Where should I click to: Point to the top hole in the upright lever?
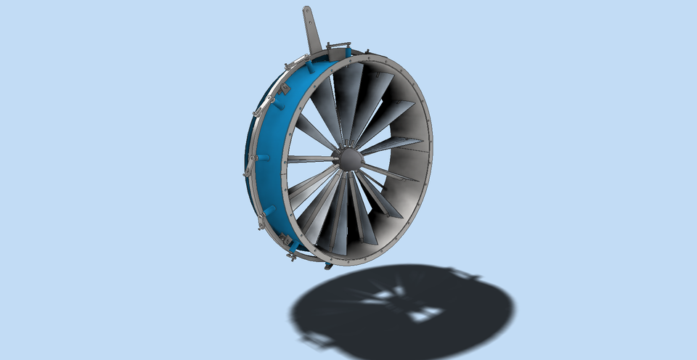307,11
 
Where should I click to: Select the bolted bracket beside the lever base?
338,51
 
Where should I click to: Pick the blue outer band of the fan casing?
272,145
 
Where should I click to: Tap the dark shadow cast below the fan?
407,308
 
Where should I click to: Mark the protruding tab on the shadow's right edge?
465,274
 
